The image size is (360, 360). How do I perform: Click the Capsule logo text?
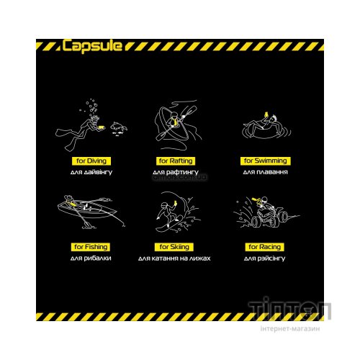coord(92,45)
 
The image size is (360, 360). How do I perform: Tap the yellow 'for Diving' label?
coord(91,161)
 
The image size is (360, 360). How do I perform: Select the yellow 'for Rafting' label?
coord(176,161)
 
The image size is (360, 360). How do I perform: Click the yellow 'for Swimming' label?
coord(266,161)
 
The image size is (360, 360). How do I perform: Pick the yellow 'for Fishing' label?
coord(91,247)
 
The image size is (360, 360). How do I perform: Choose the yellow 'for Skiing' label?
coord(174,247)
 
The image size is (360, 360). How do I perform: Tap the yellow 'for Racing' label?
coord(264,247)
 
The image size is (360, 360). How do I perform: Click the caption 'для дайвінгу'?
coord(91,172)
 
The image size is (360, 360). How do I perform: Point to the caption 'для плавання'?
coord(265,172)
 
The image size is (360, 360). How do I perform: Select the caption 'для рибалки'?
coord(91,258)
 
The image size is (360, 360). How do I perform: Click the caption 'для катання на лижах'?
coord(174,258)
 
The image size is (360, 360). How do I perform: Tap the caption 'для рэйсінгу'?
coord(264,258)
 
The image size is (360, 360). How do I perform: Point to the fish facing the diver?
coord(119,127)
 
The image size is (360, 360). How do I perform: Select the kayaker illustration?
coord(178,125)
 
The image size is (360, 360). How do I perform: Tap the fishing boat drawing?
coord(89,210)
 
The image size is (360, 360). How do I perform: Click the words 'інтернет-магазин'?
coord(290,328)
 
